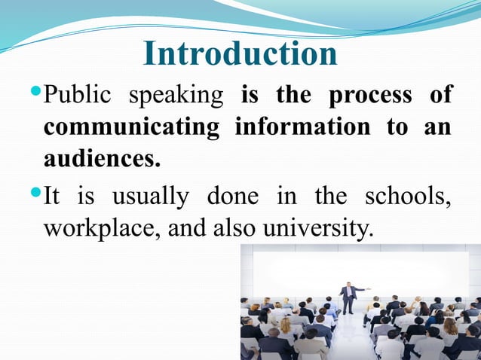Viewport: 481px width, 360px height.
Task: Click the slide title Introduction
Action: point(240,54)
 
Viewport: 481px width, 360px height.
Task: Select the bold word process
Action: point(369,96)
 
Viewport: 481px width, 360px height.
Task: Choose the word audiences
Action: point(102,158)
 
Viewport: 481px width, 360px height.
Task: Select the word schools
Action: point(408,197)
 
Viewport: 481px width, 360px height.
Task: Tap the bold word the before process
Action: point(294,96)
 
